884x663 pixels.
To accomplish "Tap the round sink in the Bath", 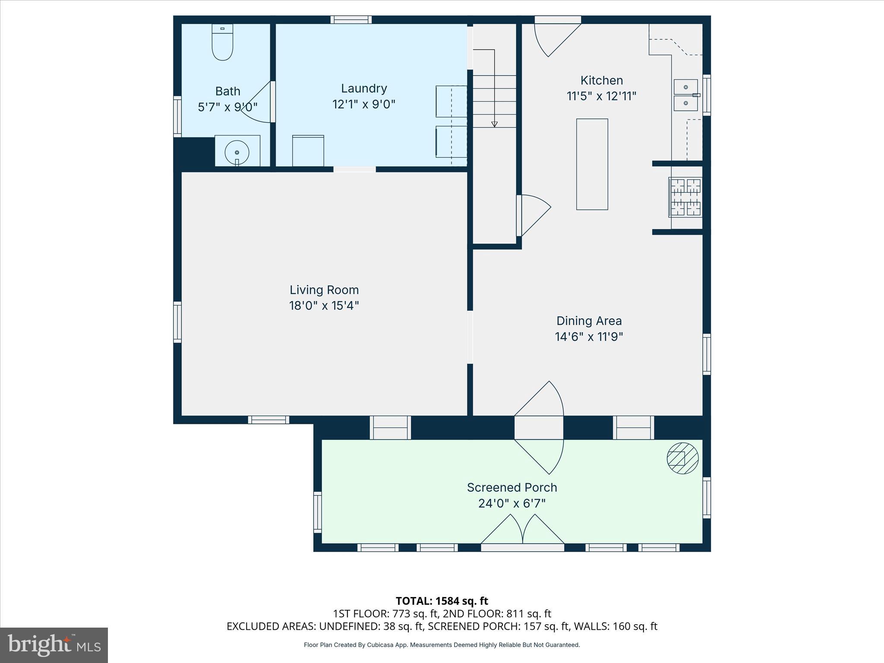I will (x=237, y=152).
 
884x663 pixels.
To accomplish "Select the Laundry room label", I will (x=364, y=88).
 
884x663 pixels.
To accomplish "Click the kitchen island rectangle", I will (x=592, y=164).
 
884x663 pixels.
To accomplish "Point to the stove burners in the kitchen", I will (x=685, y=197).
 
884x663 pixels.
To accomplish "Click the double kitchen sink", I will (x=685, y=95).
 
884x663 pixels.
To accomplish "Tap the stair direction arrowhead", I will (x=494, y=124).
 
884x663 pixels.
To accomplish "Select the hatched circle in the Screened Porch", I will (x=682, y=458).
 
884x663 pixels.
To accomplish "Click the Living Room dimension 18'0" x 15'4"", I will (x=324, y=306).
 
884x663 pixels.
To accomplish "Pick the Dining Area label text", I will (x=589, y=321).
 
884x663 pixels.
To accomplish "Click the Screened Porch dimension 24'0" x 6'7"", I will (x=512, y=503).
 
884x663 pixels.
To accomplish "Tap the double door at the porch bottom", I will (x=522, y=531).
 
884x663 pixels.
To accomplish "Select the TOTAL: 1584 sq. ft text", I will (x=442, y=601).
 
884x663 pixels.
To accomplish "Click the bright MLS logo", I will (x=54, y=645).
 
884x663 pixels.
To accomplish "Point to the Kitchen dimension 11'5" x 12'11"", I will (x=601, y=96).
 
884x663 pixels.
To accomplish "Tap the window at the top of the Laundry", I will (x=351, y=19).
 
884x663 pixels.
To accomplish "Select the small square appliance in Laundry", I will (x=308, y=151).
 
